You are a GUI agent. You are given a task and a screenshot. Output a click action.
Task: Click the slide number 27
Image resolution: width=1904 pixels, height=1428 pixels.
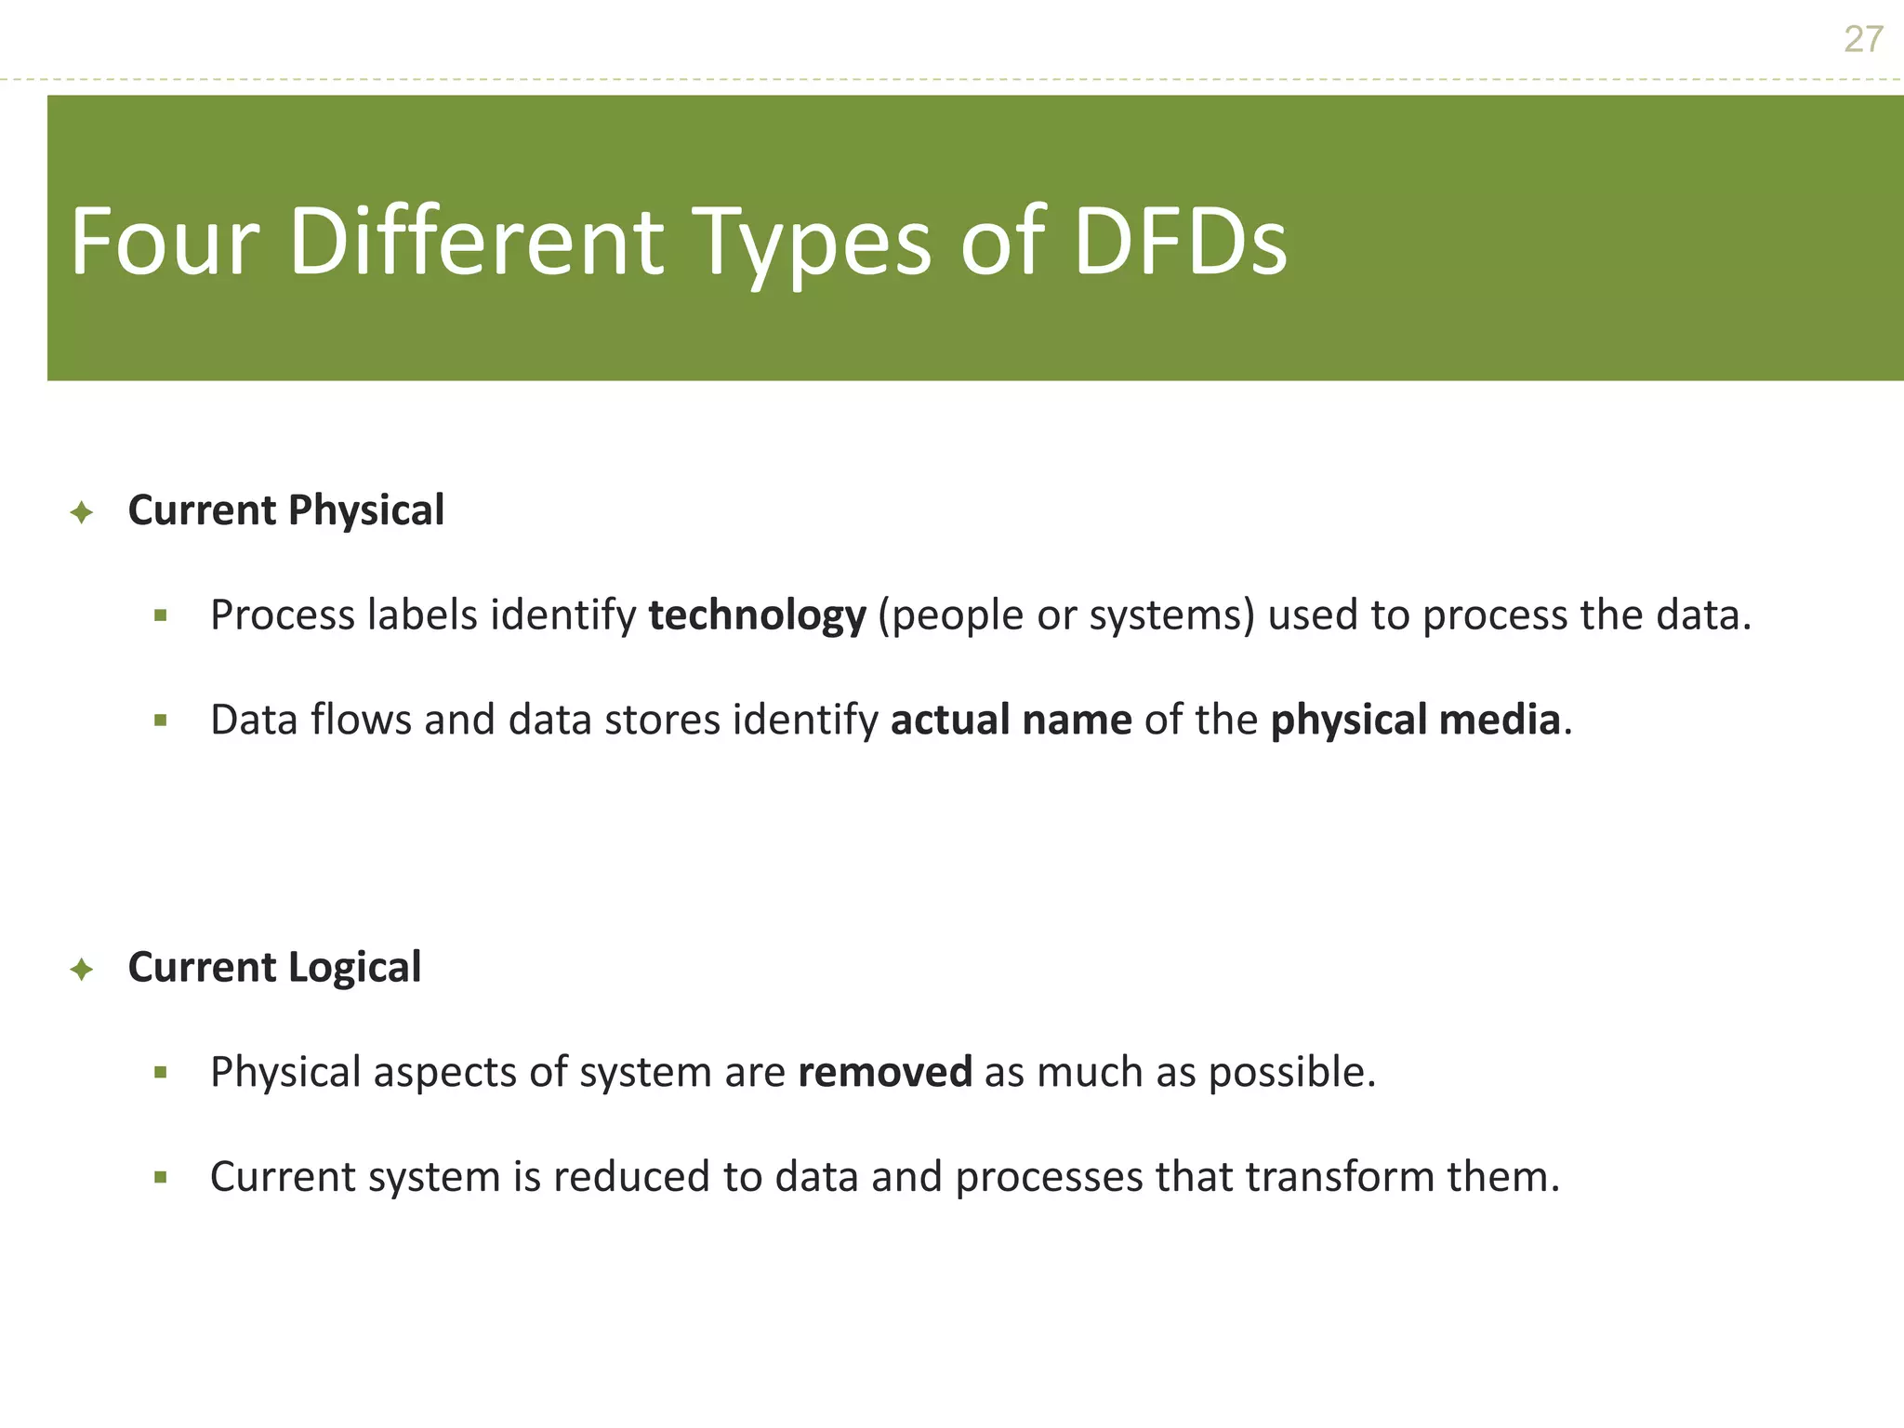[x=1863, y=40]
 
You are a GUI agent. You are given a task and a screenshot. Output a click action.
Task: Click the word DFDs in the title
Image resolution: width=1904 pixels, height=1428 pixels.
[x=1180, y=242]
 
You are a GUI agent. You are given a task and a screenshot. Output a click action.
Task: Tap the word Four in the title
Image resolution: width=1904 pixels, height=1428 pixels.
[x=164, y=242]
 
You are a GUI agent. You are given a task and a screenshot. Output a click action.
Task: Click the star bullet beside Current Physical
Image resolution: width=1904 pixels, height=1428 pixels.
[x=82, y=512]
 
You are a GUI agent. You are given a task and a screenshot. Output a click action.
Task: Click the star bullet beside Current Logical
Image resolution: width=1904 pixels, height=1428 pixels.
[x=82, y=970]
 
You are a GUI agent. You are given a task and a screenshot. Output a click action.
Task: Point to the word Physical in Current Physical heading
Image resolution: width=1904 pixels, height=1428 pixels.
[x=366, y=510]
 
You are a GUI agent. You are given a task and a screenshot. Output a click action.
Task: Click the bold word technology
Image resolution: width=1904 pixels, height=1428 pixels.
[x=757, y=615]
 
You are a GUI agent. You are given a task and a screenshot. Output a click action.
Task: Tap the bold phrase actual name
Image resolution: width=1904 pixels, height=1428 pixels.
[x=1011, y=720]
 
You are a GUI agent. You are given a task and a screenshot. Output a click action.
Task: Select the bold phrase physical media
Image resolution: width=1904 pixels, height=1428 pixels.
[x=1415, y=720]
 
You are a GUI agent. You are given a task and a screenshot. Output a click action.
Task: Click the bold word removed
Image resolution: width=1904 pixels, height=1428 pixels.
[x=885, y=1072]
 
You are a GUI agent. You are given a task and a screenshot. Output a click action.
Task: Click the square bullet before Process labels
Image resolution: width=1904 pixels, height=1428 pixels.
[x=161, y=615]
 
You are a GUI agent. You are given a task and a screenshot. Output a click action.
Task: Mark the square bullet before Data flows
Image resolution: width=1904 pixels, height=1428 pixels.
[x=161, y=720]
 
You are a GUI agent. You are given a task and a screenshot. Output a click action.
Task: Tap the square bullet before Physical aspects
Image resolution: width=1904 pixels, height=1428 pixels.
[x=161, y=1073]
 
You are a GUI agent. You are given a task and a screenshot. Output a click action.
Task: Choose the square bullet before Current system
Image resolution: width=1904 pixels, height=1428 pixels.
[x=161, y=1177]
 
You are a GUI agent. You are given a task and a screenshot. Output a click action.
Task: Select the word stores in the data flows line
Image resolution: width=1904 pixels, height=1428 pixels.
[x=662, y=720]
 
